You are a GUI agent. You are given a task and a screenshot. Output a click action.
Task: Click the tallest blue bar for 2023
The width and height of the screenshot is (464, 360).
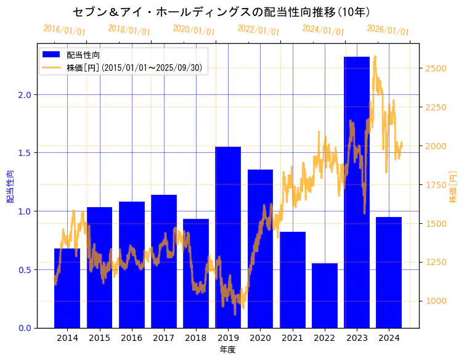pos(357,191)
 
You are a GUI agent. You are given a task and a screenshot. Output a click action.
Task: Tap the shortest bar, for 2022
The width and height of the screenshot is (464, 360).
pos(325,296)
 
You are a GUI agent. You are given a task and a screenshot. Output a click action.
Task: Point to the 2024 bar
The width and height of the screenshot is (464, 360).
pos(389,272)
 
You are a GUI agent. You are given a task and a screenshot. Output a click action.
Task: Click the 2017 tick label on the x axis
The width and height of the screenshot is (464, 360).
pos(163,338)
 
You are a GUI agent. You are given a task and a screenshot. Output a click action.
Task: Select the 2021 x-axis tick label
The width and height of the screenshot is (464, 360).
pos(292,338)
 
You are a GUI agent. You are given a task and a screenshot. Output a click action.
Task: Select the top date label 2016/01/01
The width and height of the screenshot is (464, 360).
pos(64,30)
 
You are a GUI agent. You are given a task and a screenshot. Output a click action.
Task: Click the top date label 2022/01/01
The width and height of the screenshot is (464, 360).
pos(258,30)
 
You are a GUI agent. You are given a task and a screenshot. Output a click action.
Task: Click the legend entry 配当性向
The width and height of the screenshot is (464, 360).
pos(83,55)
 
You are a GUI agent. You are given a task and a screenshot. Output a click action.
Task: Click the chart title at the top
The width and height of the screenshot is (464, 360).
pos(221,12)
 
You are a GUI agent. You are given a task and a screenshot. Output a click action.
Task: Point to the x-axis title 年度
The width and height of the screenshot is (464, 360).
pos(227,350)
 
